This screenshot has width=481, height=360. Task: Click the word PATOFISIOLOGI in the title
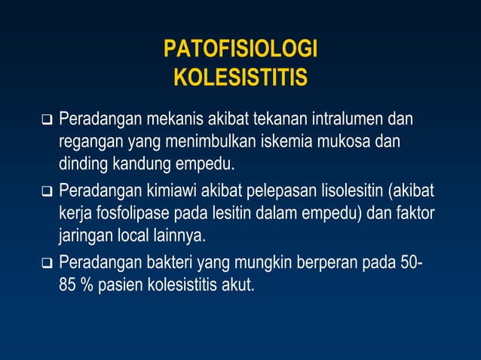240,50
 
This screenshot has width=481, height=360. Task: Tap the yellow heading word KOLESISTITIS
240,78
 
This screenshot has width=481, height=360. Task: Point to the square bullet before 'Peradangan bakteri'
47,265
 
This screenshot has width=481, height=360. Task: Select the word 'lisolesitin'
347,189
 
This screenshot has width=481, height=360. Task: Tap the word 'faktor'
414,212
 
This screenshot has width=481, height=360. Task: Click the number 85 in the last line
68,286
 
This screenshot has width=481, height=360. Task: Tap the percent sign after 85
86,286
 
